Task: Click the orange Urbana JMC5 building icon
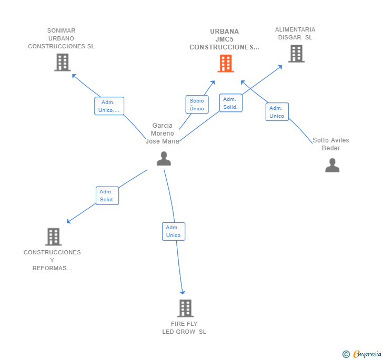point(226,64)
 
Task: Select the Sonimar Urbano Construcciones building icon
point(62,63)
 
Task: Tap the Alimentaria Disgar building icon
point(296,54)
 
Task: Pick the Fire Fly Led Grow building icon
point(185,308)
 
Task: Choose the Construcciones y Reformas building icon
point(53,237)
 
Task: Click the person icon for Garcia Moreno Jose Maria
point(164,158)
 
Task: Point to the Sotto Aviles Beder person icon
point(332,165)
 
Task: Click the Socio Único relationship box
point(197,105)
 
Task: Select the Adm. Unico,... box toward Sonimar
point(109,106)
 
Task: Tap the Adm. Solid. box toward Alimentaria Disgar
point(230,103)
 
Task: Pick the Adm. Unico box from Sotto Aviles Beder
point(277,112)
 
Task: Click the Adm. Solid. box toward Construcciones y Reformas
point(107,196)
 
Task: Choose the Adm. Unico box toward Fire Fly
point(174,231)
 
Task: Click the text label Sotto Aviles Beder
point(331,144)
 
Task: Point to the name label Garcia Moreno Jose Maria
point(163,133)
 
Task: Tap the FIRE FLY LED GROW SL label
point(184,327)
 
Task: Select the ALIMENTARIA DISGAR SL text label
point(295,34)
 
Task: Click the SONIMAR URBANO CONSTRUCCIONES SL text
point(61,38)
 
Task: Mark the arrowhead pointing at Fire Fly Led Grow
point(183,292)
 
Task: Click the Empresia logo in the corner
point(362,354)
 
